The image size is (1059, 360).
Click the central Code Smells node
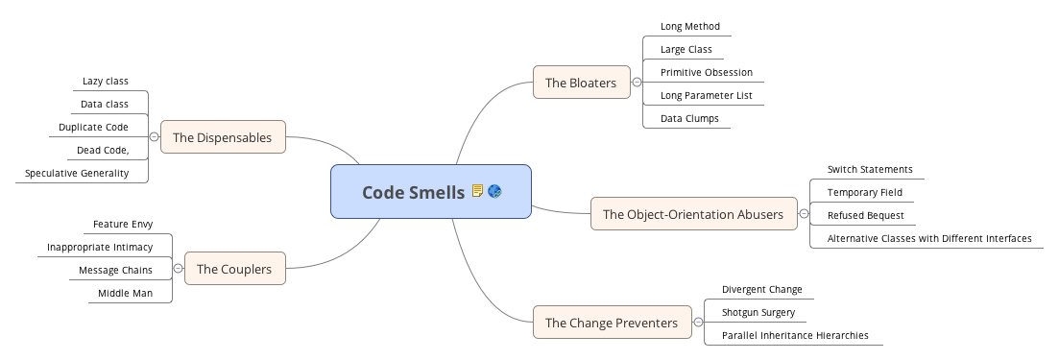(413, 192)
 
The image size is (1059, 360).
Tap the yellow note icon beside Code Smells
(477, 192)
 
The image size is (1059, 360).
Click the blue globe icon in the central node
(494, 192)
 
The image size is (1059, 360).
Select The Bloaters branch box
(581, 83)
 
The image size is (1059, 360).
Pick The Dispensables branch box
(222, 137)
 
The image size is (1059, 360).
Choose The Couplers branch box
(233, 269)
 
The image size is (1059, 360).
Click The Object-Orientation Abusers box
(692, 213)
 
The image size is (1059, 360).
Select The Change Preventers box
(612, 323)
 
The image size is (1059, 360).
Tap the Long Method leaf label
(689, 26)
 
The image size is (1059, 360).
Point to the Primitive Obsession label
(706, 72)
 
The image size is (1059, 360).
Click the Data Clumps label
(688, 118)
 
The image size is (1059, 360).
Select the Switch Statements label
(869, 169)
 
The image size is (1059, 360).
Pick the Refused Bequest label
(865, 215)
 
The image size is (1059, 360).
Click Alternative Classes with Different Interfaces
(928, 238)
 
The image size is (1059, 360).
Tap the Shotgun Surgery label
(758, 311)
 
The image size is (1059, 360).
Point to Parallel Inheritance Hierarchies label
(794, 335)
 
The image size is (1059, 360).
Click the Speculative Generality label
(77, 173)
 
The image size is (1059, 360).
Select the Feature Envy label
(122, 224)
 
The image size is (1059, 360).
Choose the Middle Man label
(125, 293)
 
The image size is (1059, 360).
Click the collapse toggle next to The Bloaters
(637, 83)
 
